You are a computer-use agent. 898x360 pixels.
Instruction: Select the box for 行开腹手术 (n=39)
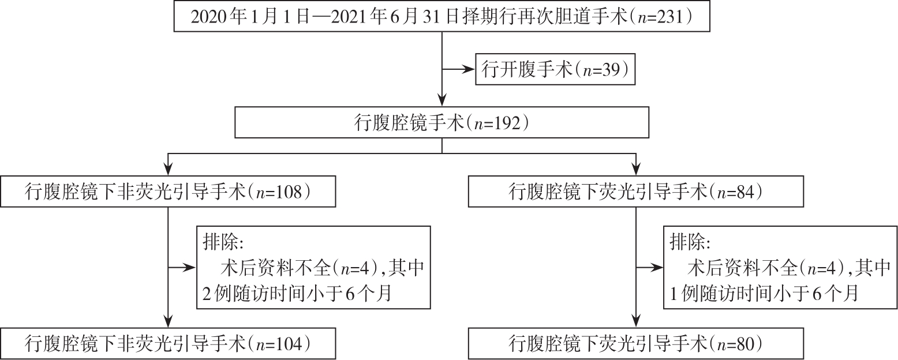555,69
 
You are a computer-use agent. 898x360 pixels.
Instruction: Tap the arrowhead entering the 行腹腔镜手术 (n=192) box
441,100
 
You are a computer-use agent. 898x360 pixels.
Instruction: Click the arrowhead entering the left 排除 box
190,267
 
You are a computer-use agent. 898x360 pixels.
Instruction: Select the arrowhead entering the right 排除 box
657,267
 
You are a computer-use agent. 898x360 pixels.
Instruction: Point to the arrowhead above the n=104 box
168,322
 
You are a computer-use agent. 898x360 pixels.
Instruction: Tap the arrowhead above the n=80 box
636,322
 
